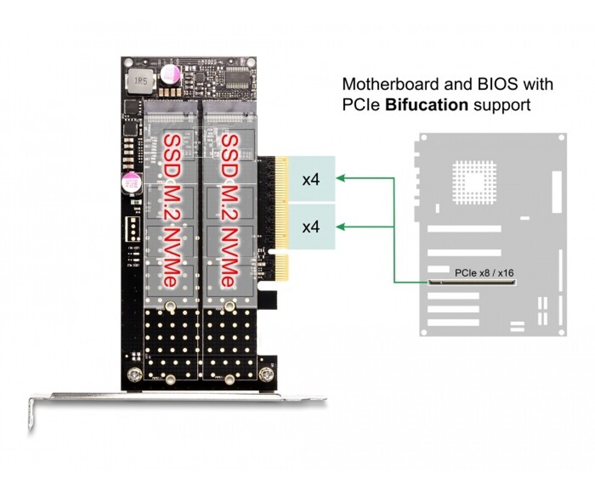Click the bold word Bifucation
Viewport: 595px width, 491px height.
(x=426, y=104)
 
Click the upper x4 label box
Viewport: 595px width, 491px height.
(x=311, y=179)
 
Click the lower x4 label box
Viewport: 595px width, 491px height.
(x=311, y=227)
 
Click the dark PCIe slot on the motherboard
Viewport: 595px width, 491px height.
(x=473, y=283)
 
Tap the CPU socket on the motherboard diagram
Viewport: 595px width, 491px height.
(x=474, y=182)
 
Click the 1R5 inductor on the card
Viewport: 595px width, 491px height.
(x=141, y=81)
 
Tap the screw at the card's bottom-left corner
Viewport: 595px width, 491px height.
(x=133, y=375)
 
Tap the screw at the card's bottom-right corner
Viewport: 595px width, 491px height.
(x=266, y=375)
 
